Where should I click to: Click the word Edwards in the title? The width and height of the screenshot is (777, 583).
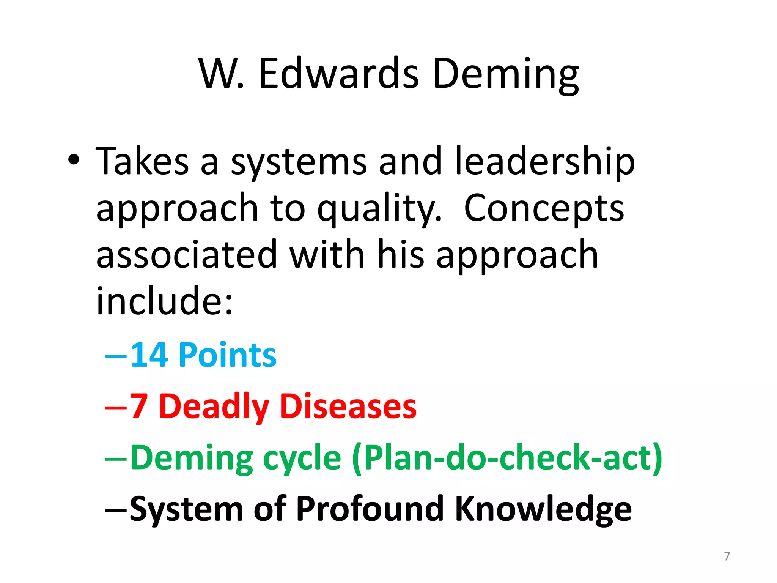tap(338, 74)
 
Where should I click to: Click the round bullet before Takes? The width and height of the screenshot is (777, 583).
tap(74, 160)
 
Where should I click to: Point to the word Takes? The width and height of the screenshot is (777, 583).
tap(142, 161)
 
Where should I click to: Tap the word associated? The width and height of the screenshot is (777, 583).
tap(187, 255)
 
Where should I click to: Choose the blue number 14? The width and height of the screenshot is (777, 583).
tap(149, 355)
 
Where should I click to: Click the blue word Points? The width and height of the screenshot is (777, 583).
tap(227, 355)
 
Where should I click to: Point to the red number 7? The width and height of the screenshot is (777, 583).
tap(138, 407)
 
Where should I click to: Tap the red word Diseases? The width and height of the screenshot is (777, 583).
tap(348, 407)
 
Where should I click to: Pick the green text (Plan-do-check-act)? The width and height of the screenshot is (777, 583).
tap(507, 458)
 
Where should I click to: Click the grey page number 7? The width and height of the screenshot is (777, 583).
tap(727, 556)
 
